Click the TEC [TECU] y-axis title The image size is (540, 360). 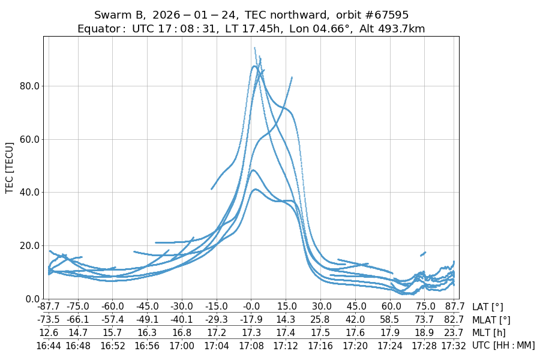10,167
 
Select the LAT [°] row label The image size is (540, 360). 488,307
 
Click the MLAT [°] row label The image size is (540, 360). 491,320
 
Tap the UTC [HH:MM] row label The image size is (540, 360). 503,345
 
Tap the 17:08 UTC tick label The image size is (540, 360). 251,345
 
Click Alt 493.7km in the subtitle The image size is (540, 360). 392,28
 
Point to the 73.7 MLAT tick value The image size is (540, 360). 424,320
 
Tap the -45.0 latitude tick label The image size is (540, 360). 148,307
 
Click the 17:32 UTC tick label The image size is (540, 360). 453,345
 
